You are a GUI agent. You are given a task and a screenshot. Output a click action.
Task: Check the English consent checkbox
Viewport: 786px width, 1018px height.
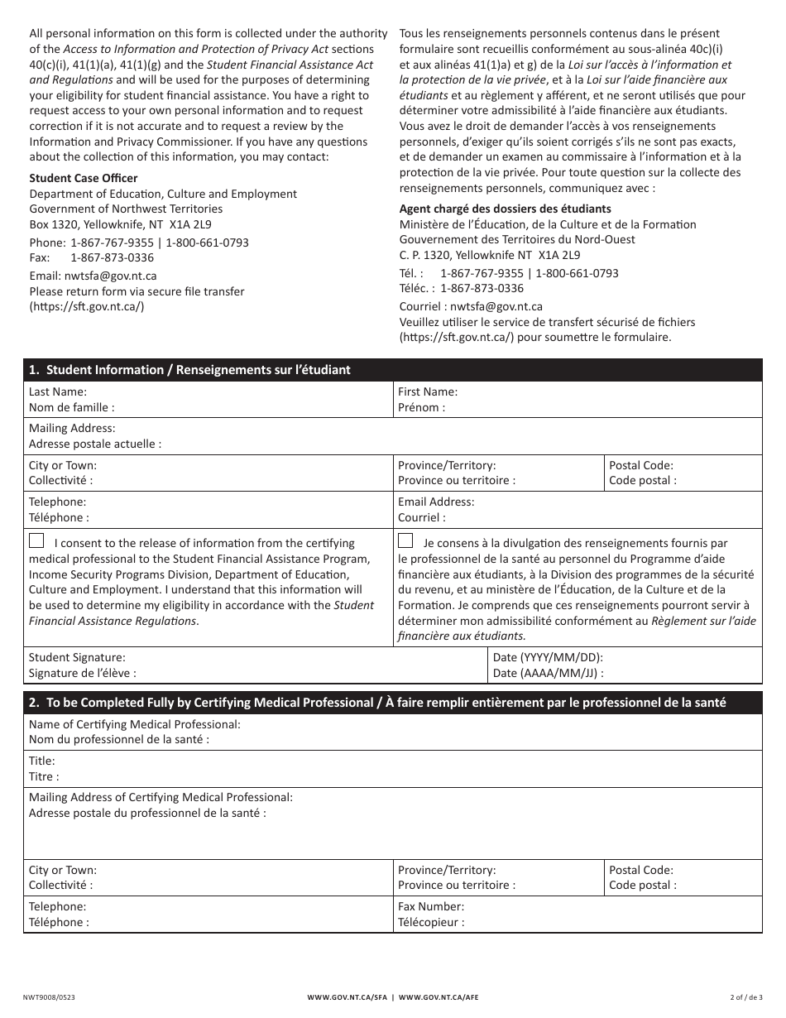pos(36,541)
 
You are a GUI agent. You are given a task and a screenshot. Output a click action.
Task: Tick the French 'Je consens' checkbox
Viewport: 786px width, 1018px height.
pos(405,541)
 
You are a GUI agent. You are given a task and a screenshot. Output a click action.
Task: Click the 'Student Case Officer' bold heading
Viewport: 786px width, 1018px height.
pos(84,178)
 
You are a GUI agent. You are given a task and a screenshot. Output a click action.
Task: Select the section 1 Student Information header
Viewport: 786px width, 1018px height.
pos(190,370)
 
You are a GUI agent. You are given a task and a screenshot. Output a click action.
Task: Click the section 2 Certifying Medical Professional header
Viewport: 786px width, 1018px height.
pos(377,703)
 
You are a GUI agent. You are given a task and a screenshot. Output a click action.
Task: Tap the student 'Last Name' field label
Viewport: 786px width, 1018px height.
pos(58,391)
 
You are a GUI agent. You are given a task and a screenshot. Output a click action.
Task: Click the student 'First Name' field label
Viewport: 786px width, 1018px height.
pos(428,391)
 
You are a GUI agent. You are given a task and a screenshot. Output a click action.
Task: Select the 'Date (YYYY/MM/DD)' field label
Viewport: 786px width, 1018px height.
pos(548,657)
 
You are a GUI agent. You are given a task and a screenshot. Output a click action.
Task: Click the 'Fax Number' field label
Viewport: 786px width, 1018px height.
pos(431,906)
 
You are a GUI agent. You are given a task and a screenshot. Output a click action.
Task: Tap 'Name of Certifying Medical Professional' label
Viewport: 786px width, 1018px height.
pos(135,724)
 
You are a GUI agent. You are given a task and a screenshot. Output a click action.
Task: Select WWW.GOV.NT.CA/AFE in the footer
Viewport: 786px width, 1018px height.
pos(439,996)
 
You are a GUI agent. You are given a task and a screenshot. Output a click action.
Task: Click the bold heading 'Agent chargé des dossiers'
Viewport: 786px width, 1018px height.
pos(506,209)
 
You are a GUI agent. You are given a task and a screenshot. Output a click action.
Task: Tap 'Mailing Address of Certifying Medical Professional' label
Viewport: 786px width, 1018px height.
pos(161,797)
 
